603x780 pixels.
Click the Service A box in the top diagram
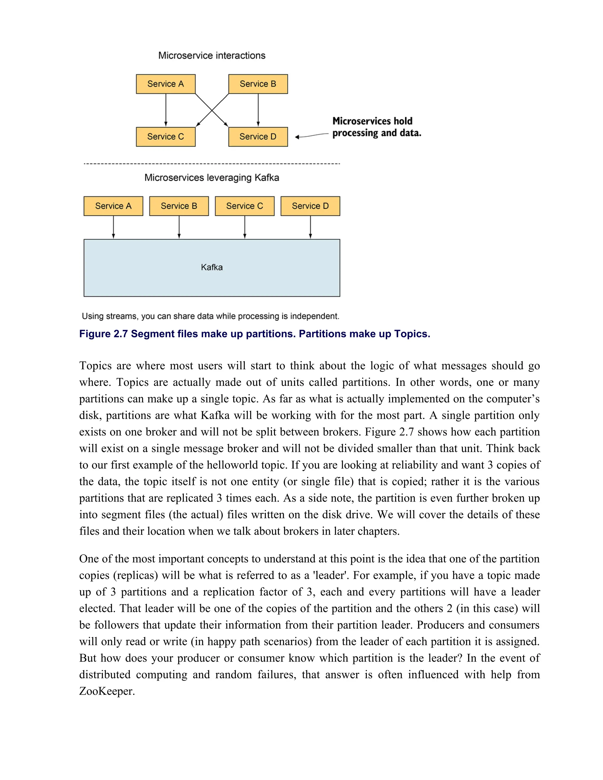[x=165, y=84]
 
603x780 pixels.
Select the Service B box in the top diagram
[x=258, y=84]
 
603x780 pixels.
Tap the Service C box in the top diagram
[x=165, y=137]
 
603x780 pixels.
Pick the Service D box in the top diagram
[x=258, y=137]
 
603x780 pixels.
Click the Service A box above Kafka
[x=113, y=206]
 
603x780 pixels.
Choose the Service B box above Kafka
[x=179, y=206]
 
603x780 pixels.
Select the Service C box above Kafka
[x=245, y=206]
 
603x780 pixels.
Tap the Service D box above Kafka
[x=310, y=206]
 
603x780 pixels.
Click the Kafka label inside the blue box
[x=211, y=267]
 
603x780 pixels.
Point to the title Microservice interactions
[x=211, y=55]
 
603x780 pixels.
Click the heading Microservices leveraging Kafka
[x=211, y=177]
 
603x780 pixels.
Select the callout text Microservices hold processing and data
[x=377, y=127]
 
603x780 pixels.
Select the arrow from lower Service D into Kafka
[x=310, y=227]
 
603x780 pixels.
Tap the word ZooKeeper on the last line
[x=107, y=691]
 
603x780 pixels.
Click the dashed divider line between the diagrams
[x=211, y=164]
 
